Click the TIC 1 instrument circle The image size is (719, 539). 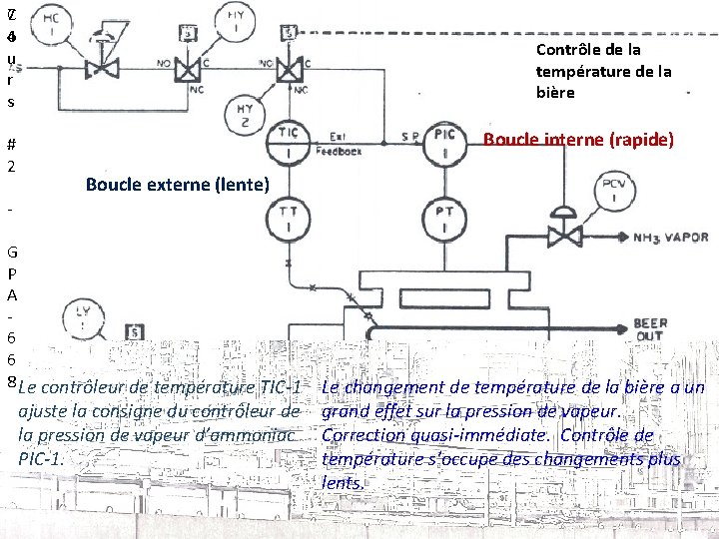click(288, 142)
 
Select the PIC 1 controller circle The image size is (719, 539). click(442, 142)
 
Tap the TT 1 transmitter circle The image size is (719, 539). click(288, 219)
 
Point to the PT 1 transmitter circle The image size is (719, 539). click(442, 219)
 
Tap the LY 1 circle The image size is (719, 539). click(81, 318)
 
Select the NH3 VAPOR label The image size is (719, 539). click(671, 238)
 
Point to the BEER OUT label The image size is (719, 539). click(650, 330)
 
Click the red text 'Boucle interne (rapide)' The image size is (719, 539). click(578, 140)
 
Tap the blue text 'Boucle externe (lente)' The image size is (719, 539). click(177, 185)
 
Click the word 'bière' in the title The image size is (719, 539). click(555, 93)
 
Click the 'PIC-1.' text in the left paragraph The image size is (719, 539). click(43, 459)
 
